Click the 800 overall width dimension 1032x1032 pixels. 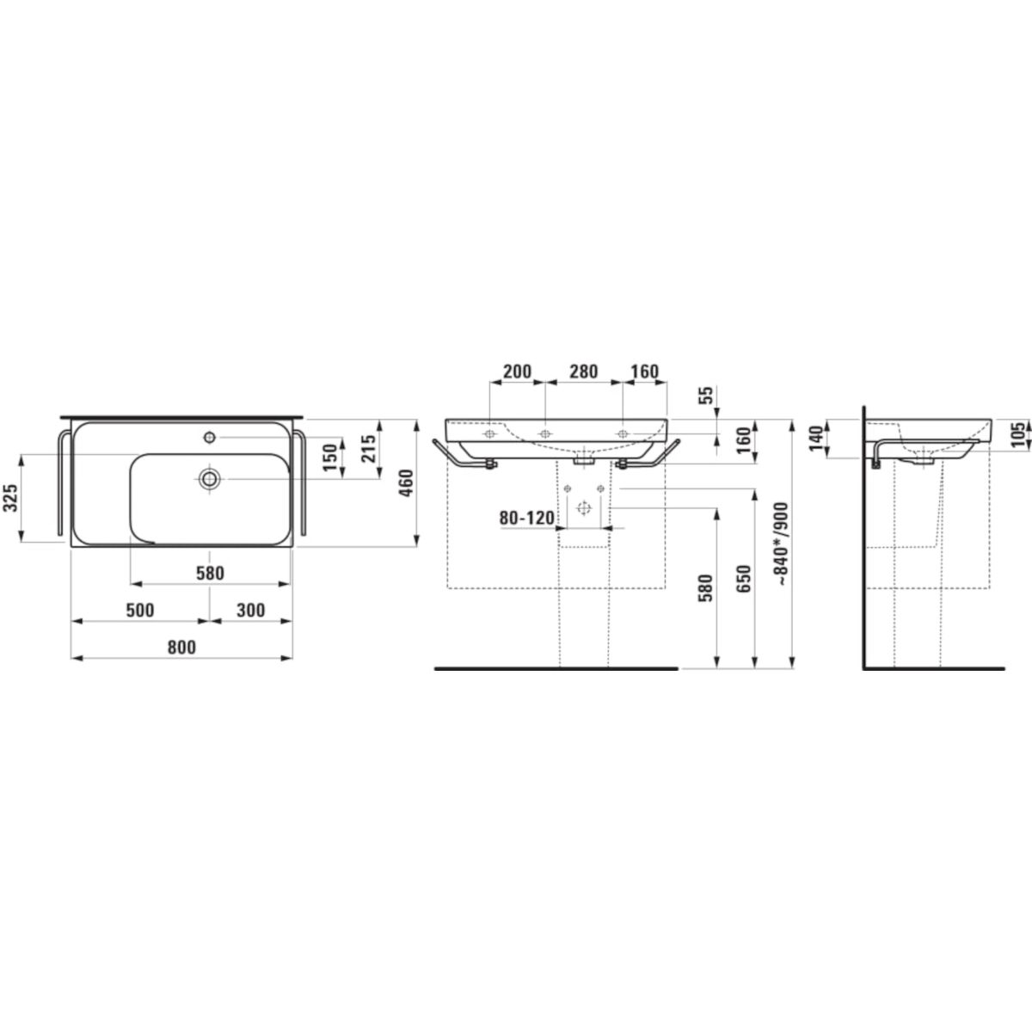[181, 647]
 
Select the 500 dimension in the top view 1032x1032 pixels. [140, 610]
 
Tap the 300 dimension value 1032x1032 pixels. [250, 610]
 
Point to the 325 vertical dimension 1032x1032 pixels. [11, 498]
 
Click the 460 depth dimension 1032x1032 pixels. [407, 482]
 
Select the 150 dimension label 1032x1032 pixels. [331, 458]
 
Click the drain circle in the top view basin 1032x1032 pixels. [209, 479]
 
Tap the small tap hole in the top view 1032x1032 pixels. [209, 438]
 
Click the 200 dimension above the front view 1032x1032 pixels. [518, 372]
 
